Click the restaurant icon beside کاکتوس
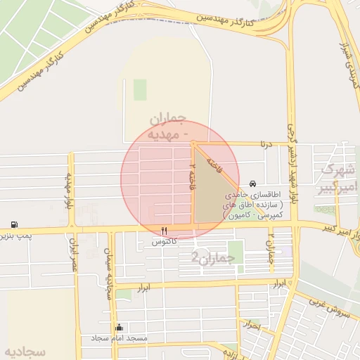165,231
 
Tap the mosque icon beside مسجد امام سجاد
119,327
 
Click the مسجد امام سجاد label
120,338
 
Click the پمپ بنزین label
14,236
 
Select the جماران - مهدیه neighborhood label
167,125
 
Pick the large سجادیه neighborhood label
25,350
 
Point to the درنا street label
264,145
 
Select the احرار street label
251,326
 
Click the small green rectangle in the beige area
140,89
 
